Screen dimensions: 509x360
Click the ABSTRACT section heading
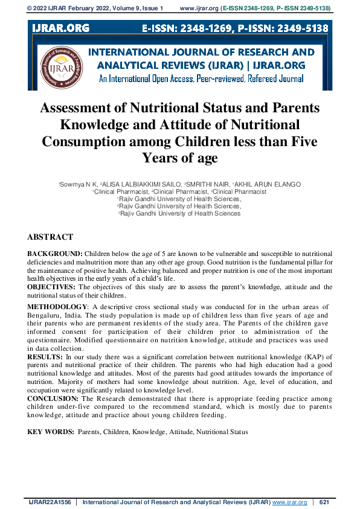(50, 237)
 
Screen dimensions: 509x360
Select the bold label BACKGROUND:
(55, 254)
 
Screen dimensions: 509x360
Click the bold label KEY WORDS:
(51, 432)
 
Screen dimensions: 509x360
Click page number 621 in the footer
(324, 502)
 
